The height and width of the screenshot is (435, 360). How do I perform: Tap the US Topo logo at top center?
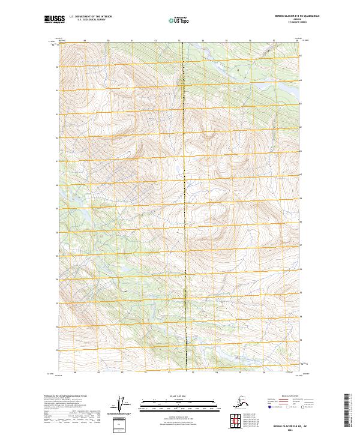point(180,20)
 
